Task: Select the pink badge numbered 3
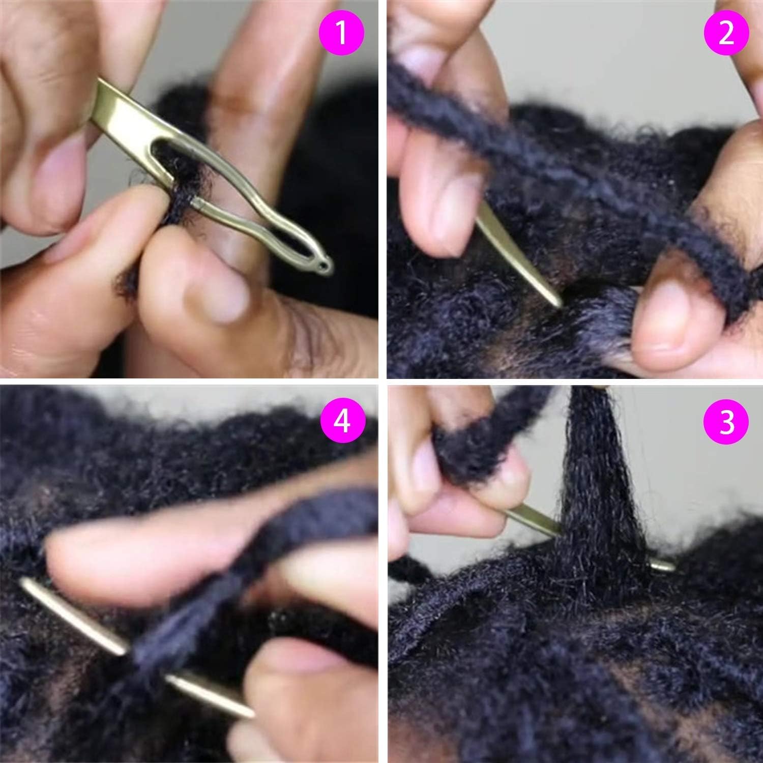(x=727, y=422)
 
